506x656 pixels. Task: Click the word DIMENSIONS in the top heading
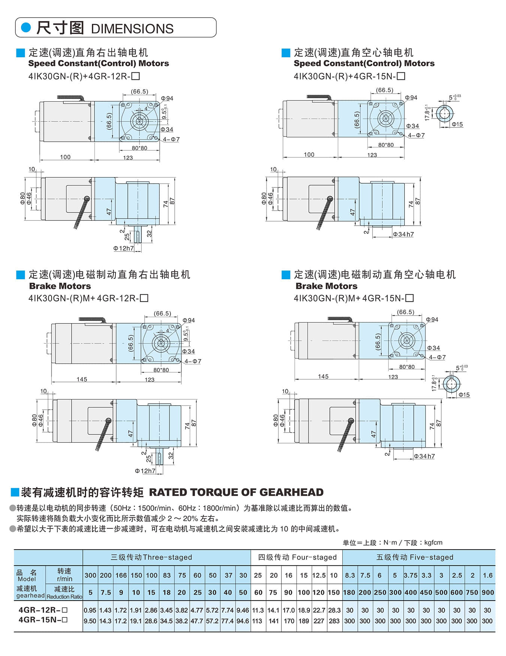(132, 29)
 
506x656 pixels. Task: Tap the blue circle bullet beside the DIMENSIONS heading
(26, 27)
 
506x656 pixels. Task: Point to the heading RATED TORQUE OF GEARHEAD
(236, 492)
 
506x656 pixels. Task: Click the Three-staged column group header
(151, 557)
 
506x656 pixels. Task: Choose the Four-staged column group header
(297, 557)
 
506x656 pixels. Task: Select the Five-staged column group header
(415, 557)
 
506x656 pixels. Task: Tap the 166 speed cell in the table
(121, 575)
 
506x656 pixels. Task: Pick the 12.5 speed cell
(319, 575)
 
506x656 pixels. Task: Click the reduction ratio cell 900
(487, 593)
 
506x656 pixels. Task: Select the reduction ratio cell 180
(349, 593)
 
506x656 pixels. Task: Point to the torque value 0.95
(90, 610)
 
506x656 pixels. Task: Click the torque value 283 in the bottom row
(334, 621)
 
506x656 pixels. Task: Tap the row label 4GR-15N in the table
(43, 620)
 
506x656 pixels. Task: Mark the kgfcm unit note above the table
(433, 542)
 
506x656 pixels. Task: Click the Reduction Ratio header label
(64, 597)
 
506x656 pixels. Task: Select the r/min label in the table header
(64, 579)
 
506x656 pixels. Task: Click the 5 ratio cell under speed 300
(90, 593)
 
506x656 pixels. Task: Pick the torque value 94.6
(243, 621)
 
